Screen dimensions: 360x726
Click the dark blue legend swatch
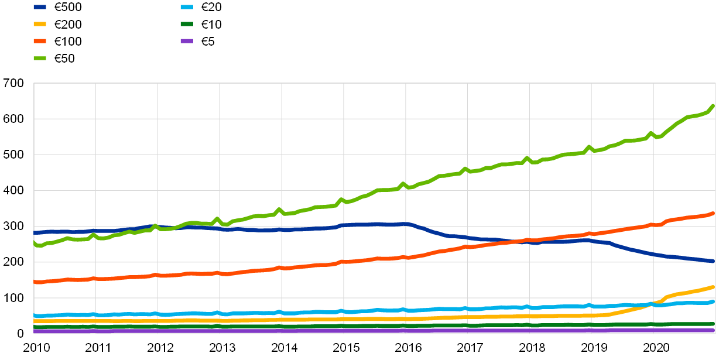pyautogui.click(x=40, y=7)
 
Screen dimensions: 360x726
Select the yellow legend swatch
pyautogui.click(x=40, y=24)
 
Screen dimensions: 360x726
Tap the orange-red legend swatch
pyautogui.click(x=40, y=41)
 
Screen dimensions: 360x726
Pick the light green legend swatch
pyautogui.click(x=40, y=58)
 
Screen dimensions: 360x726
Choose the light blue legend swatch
pyautogui.click(x=187, y=7)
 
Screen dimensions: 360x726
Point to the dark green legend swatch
pyautogui.click(x=187, y=24)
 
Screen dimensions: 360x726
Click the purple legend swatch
pyautogui.click(x=187, y=41)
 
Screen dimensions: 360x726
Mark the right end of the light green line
pyautogui.click(x=714, y=106)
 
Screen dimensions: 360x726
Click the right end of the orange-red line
pyautogui.click(x=714, y=214)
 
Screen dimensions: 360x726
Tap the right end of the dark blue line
pyautogui.click(x=714, y=261)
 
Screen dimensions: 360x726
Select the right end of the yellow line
pyautogui.click(x=714, y=287)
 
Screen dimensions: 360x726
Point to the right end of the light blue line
pyautogui.click(x=714, y=301)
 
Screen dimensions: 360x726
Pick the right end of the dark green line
pyautogui.click(x=714, y=324)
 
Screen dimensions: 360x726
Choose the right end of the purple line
pyautogui.click(x=714, y=330)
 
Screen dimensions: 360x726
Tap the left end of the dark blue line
pyautogui.click(x=35, y=232)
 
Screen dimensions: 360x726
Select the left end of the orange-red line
pyautogui.click(x=35, y=282)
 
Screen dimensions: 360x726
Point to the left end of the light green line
pyautogui.click(x=35, y=242)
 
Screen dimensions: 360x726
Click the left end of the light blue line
pyautogui.click(x=35, y=316)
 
